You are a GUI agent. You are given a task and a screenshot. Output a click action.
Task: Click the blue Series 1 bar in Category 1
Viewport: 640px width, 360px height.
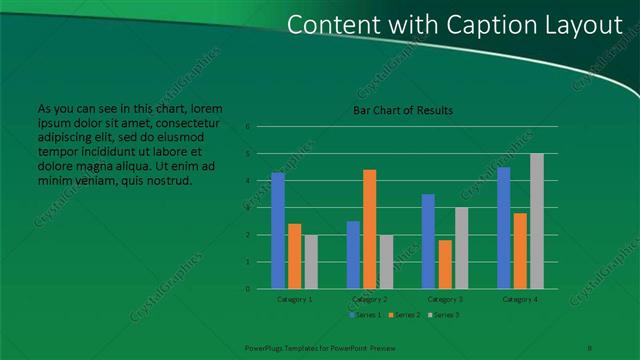pyautogui.click(x=277, y=231)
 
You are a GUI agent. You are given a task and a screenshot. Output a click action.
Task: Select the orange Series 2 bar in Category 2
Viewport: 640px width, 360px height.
pyautogui.click(x=369, y=229)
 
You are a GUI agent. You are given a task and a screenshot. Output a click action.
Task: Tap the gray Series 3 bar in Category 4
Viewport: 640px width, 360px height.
pyautogui.click(x=537, y=221)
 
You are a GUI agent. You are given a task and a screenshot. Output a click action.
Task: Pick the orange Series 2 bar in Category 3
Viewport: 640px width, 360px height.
pyautogui.click(x=444, y=264)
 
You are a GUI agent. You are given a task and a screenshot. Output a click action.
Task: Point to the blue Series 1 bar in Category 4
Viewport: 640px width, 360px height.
pyautogui.click(x=503, y=228)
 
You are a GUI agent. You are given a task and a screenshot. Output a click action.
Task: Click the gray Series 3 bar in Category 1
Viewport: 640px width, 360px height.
pyautogui.click(x=311, y=262)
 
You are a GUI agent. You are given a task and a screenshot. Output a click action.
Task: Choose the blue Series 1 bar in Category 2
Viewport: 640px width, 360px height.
pyautogui.click(x=353, y=255)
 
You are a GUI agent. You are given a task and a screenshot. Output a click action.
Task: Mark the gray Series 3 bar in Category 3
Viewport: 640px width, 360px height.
pyautogui.click(x=461, y=248)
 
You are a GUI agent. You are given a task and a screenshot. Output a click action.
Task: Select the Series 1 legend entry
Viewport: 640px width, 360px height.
pyautogui.click(x=364, y=315)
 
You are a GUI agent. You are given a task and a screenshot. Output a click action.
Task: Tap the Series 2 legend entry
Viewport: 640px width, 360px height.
pyautogui.click(x=402, y=315)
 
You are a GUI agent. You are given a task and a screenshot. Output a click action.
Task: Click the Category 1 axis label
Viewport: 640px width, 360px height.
pyautogui.click(x=294, y=299)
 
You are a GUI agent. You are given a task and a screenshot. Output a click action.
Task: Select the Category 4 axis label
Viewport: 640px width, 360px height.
pyautogui.click(x=520, y=299)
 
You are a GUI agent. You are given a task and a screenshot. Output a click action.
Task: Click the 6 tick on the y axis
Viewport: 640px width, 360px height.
pyautogui.click(x=247, y=127)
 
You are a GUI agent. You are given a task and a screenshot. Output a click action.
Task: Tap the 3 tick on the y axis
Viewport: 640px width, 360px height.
pyautogui.click(x=247, y=208)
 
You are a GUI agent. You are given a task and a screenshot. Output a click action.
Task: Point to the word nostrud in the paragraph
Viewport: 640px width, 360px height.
pyautogui.click(x=169, y=181)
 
